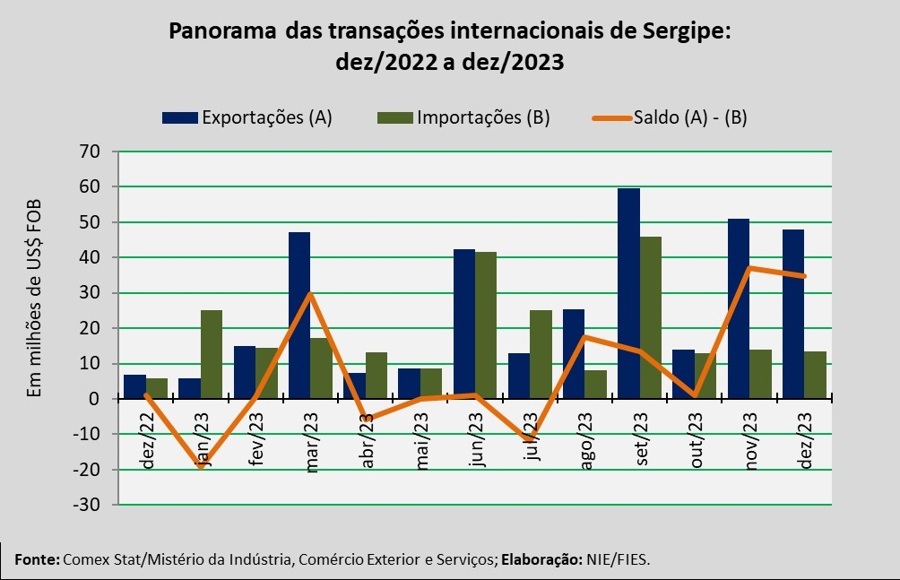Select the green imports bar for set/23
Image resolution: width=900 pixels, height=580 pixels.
pyautogui.click(x=651, y=317)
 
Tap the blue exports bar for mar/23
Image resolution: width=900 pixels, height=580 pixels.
pyautogui.click(x=299, y=315)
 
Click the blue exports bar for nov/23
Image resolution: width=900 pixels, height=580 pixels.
pyautogui.click(x=738, y=308)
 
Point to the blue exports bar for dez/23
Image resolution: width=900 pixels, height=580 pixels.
pyautogui.click(x=793, y=314)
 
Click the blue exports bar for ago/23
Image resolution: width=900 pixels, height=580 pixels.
pyautogui.click(x=574, y=353)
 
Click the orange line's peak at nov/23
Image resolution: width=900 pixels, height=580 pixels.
pyautogui.click(x=749, y=268)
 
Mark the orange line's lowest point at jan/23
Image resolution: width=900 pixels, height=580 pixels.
pyautogui.click(x=201, y=466)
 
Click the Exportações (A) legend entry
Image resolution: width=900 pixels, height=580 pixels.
pyautogui.click(x=247, y=117)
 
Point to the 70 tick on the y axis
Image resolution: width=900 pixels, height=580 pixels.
pyautogui.click(x=90, y=151)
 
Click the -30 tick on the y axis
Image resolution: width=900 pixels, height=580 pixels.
pyautogui.click(x=87, y=505)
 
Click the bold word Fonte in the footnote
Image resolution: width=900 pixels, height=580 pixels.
pyautogui.click(x=36, y=559)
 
